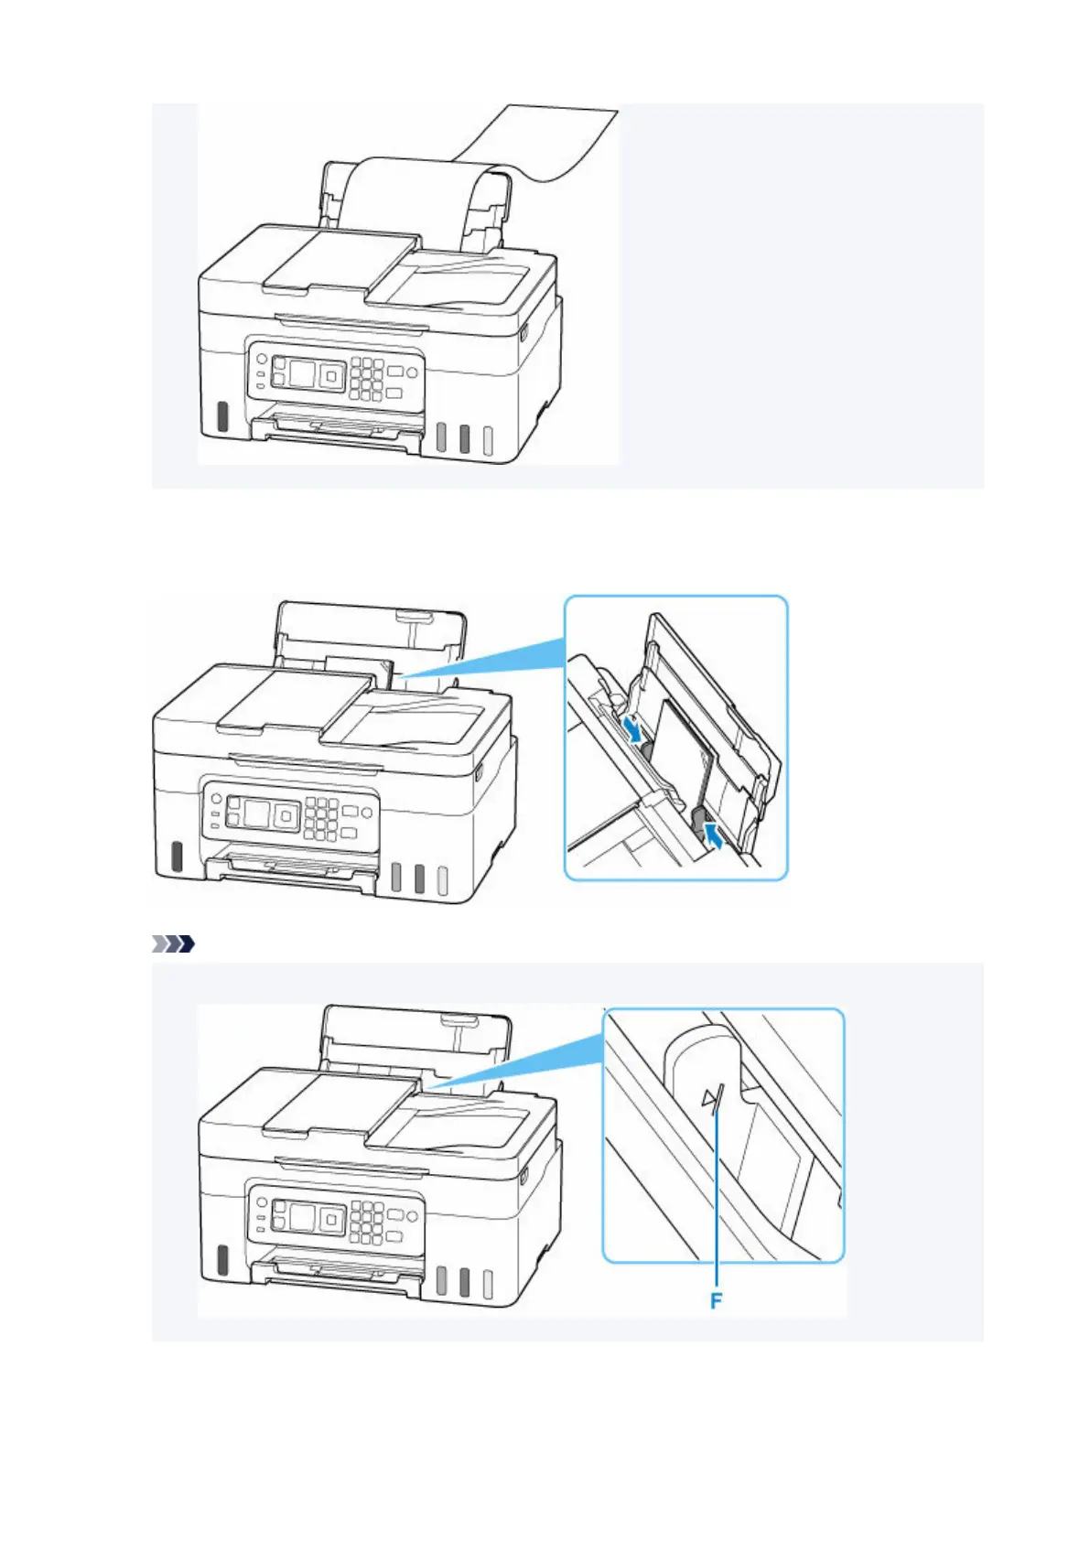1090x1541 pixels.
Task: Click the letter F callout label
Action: (x=716, y=1299)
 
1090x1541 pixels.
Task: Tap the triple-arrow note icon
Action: (x=173, y=943)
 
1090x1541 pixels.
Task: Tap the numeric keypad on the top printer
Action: (x=365, y=377)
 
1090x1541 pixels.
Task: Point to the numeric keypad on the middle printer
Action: (x=319, y=817)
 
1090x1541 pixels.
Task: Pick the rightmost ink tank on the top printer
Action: (x=488, y=440)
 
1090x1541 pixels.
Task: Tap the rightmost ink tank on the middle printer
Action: (x=442, y=879)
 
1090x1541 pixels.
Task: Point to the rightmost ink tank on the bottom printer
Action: (x=488, y=1285)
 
